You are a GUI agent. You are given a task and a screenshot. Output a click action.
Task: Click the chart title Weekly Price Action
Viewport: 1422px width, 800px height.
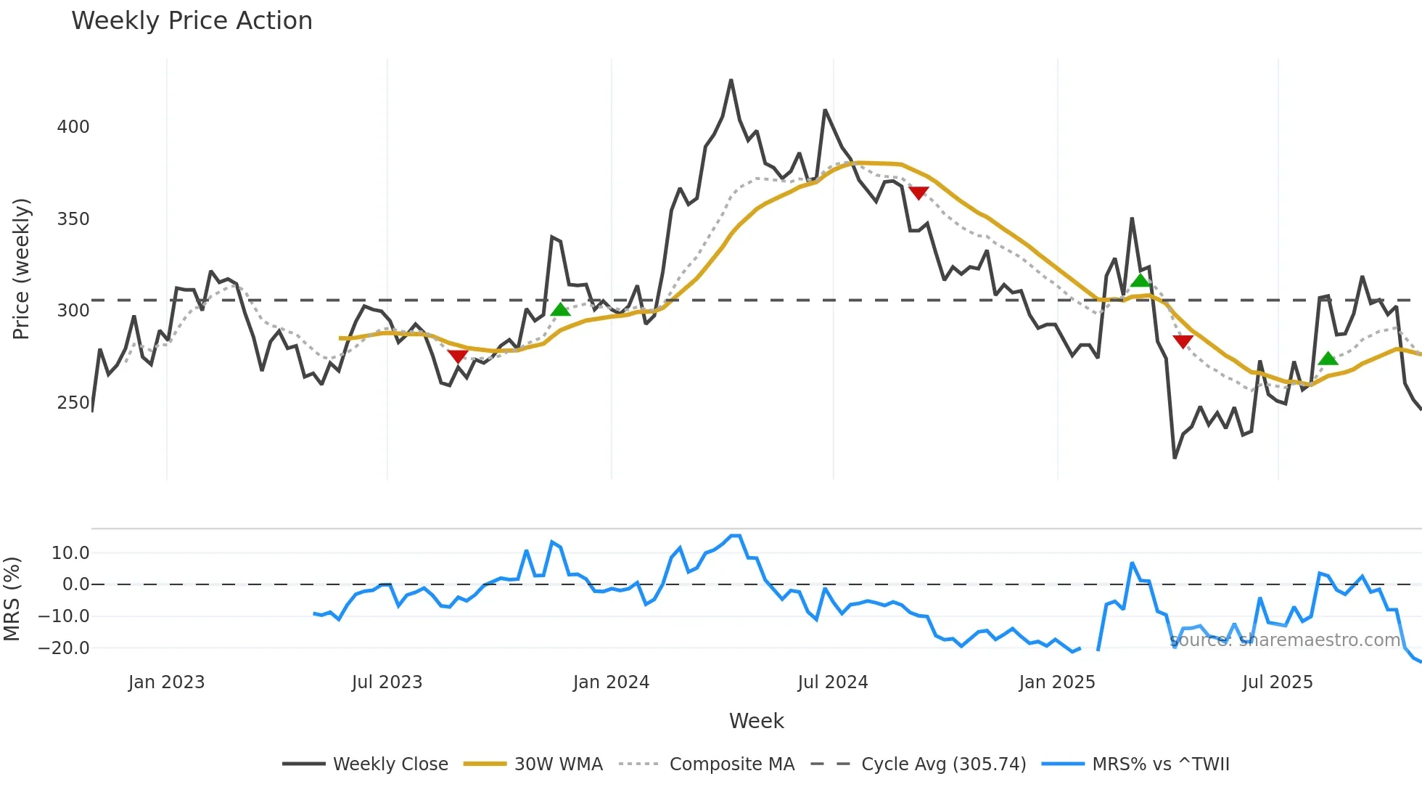point(192,21)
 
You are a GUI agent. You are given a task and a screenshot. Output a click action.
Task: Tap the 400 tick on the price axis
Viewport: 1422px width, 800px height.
point(73,127)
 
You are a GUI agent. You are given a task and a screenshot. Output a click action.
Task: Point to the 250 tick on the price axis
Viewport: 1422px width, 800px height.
point(73,403)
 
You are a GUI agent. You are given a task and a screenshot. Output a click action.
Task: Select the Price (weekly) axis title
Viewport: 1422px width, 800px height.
point(21,269)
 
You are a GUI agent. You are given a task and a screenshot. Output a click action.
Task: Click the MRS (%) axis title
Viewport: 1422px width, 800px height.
point(12,599)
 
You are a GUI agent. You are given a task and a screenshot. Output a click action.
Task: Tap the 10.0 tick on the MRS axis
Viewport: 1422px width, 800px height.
point(70,553)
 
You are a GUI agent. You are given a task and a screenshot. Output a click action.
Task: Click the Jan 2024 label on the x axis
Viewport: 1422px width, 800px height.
point(611,682)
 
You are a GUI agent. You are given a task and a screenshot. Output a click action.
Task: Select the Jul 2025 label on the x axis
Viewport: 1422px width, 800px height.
point(1278,682)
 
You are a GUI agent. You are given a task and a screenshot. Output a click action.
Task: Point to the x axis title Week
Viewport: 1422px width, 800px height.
point(756,721)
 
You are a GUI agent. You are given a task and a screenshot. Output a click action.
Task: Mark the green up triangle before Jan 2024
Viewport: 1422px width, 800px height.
point(560,310)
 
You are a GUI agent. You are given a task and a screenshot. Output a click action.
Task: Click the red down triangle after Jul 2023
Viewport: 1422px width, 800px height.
point(457,356)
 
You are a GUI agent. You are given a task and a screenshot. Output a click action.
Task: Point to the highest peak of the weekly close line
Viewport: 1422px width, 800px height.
point(731,81)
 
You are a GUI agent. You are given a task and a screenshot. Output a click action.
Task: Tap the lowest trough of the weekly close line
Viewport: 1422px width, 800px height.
point(1175,457)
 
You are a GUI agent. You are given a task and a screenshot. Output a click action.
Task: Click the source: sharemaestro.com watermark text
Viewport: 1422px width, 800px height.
point(1285,640)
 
